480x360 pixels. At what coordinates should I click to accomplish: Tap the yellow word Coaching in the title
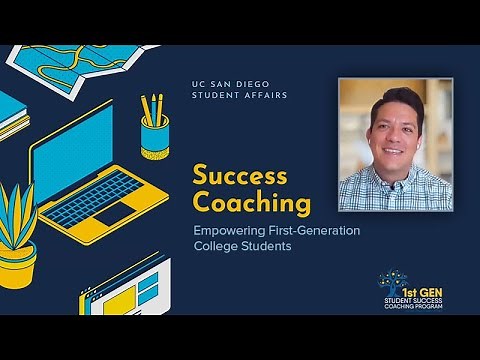[x=252, y=204]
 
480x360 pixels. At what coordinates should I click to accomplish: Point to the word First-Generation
[x=317, y=231]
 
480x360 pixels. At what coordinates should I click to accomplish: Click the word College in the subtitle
[x=218, y=247]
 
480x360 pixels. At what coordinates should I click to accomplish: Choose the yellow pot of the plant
[x=18, y=269]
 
